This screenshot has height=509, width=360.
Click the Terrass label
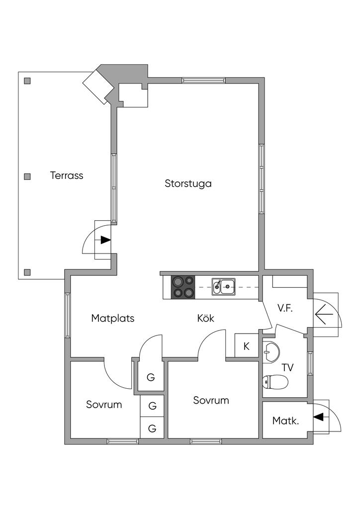pyautogui.click(x=67, y=175)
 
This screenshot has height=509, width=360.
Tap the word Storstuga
pyautogui.click(x=188, y=183)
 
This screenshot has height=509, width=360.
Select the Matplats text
pyautogui.click(x=113, y=319)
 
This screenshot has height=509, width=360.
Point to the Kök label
pyautogui.click(x=205, y=319)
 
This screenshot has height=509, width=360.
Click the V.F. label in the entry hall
pyautogui.click(x=285, y=308)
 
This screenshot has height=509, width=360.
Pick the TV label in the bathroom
pyautogui.click(x=287, y=368)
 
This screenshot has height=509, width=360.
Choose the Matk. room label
pyautogui.click(x=285, y=421)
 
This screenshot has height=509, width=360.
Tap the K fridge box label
pyautogui.click(x=246, y=346)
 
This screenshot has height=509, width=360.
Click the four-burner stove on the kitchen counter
pyautogui.click(x=182, y=287)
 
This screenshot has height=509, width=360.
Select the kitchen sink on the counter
pyautogui.click(x=224, y=286)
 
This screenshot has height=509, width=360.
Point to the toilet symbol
pyautogui.click(x=275, y=382)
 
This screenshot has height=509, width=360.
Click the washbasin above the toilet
pyautogui.click(x=271, y=351)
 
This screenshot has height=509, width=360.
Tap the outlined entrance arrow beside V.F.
pyautogui.click(x=324, y=314)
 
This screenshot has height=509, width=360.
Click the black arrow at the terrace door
pyautogui.click(x=105, y=240)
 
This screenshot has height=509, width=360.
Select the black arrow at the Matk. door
pyautogui.click(x=318, y=417)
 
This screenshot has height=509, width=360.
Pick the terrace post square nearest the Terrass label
pyautogui.click(x=27, y=176)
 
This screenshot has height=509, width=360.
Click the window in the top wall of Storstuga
pyautogui.click(x=203, y=80)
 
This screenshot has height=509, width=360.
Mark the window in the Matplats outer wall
pyautogui.click(x=67, y=316)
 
